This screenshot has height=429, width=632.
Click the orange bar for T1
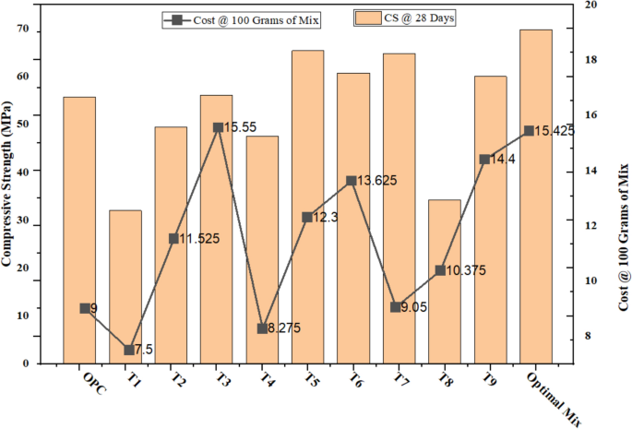point(125,286)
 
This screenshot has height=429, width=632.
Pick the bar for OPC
point(79,230)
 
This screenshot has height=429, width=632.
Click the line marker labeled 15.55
point(218,128)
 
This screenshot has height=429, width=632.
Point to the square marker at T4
point(262,328)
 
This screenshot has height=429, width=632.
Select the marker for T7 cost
point(396,307)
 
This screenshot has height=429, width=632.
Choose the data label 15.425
point(556,131)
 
